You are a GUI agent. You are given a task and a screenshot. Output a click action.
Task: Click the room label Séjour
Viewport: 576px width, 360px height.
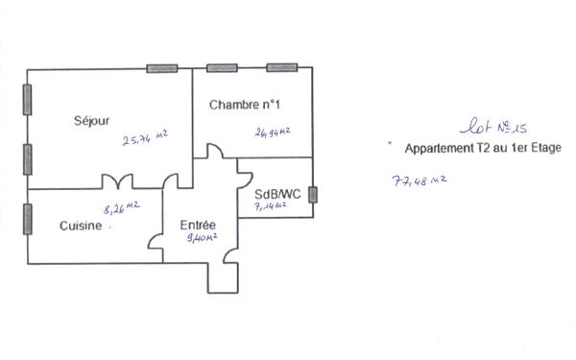click(92, 121)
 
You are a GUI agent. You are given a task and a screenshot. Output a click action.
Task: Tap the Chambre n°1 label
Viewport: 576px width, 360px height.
click(245, 104)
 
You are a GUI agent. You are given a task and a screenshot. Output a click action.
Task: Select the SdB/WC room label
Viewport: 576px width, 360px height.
click(277, 193)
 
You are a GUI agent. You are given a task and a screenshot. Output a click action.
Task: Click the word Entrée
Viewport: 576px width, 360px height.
click(198, 226)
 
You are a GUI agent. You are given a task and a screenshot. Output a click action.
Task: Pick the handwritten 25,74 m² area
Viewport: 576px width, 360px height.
click(145, 139)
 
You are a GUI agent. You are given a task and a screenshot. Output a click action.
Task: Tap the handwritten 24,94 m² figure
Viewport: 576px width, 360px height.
click(274, 132)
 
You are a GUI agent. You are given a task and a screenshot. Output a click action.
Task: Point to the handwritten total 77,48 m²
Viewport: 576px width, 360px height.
click(420, 180)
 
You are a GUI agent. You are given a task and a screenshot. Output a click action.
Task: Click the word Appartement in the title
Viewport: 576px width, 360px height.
click(439, 149)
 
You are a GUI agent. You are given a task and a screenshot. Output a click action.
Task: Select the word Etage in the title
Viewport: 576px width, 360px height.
click(542, 149)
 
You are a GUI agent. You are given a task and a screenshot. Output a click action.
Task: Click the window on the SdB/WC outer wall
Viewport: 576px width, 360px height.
click(313, 195)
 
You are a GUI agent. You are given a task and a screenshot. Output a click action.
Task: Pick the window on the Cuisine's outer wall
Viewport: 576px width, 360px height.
click(28, 218)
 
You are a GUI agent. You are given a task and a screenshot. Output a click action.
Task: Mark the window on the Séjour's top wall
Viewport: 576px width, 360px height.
click(161, 68)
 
